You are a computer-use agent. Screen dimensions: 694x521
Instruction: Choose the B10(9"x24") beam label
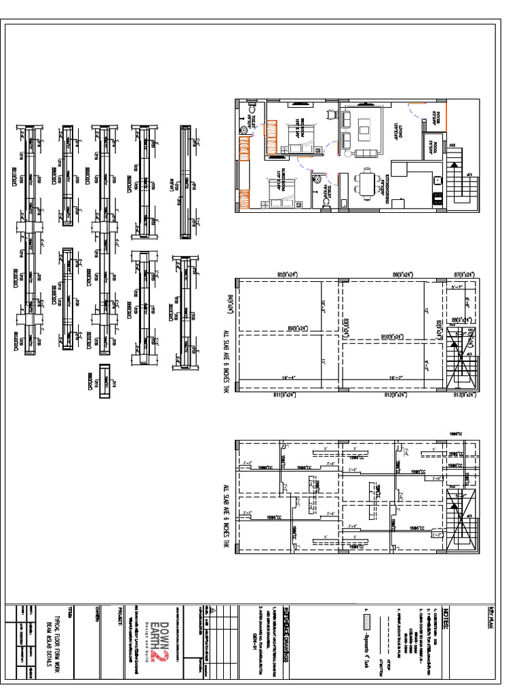tap(393, 336)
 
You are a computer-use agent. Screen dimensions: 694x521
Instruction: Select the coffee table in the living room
tap(365, 127)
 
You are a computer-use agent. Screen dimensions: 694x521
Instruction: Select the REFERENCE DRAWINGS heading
tap(286, 626)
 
